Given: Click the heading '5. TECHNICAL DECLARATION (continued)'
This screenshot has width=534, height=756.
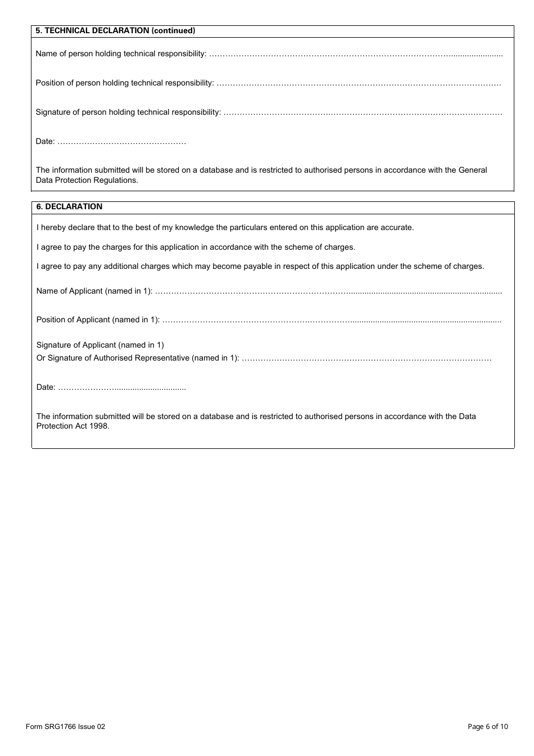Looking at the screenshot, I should pos(115,31).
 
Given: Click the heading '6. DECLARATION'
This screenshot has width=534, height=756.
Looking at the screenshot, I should pos(69,206).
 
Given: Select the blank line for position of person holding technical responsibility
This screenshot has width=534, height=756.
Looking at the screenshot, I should pos(359,84).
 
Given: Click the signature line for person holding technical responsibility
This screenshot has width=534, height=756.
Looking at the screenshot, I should pos(363,113).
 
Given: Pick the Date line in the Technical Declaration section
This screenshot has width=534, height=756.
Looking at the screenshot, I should pos(121,142).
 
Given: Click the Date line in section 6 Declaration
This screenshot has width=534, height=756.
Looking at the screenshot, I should pos(122,388).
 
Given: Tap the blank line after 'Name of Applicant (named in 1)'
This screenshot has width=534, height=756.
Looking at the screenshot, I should pos(328,292).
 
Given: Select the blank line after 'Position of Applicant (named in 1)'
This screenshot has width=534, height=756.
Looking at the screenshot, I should pos(332,321).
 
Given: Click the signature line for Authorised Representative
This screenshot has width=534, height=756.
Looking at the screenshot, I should pos(366,359).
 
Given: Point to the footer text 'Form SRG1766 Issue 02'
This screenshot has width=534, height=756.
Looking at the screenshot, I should pos(65,726).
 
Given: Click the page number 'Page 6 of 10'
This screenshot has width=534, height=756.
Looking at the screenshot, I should pos(487,726).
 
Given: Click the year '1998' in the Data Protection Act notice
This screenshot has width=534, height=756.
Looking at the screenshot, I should pos(99,426).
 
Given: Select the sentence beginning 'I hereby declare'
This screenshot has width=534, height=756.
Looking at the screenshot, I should pos(225,227).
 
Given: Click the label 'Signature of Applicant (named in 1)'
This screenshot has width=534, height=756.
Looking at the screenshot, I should pos(100,345).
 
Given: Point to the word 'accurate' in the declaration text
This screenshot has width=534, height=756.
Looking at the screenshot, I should pos(397,227).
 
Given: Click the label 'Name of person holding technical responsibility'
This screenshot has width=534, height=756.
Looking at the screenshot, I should pos(121,53).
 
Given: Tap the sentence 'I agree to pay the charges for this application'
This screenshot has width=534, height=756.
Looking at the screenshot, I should pos(196,247).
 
